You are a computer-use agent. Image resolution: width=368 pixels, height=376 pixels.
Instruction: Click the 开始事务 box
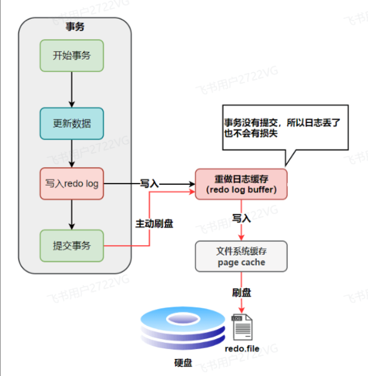[71, 56]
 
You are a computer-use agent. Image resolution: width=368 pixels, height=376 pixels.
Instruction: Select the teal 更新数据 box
[71, 124]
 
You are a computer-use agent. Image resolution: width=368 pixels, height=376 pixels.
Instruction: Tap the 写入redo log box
[71, 184]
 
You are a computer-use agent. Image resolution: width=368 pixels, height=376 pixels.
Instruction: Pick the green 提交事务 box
[71, 245]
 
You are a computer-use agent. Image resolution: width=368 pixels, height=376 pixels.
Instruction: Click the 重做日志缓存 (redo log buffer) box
[241, 184]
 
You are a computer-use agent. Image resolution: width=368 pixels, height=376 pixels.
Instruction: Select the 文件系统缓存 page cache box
[241, 256]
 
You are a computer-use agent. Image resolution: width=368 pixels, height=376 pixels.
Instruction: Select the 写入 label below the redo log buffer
[241, 218]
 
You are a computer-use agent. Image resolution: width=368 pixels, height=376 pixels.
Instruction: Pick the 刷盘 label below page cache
[241, 292]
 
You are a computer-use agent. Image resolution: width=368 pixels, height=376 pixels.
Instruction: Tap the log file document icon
[242, 327]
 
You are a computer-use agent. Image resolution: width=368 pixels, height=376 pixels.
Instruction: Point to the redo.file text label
[242, 348]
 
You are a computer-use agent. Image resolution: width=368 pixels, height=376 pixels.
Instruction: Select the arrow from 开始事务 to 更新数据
[71, 90]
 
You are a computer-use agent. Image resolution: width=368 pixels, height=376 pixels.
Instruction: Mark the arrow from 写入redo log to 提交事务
[71, 215]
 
